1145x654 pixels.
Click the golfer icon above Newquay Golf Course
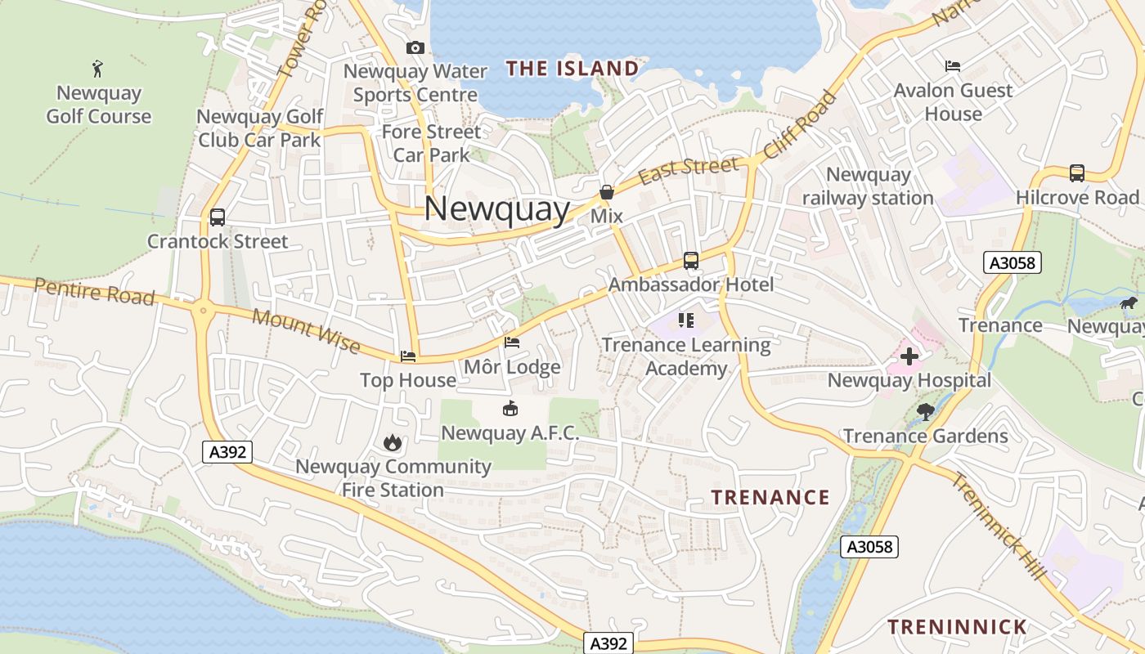click(98, 68)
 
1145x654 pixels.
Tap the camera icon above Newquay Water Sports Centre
click(415, 47)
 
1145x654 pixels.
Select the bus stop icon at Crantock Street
click(218, 217)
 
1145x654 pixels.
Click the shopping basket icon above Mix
click(607, 192)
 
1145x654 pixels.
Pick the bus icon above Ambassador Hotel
click(691, 261)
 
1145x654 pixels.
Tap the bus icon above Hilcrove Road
click(1077, 173)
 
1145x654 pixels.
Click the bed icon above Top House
click(408, 356)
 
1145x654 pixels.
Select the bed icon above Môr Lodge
click(512, 343)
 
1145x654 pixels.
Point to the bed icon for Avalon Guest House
click(953, 65)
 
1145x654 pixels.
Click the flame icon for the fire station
click(393, 442)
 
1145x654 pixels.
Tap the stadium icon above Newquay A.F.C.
click(510, 408)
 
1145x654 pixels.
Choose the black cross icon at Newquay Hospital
click(909, 356)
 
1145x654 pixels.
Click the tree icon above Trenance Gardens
click(926, 411)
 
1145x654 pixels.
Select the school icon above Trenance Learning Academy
click(686, 320)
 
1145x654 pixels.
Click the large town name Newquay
click(496, 208)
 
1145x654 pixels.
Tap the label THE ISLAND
click(572, 69)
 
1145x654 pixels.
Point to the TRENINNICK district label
click(957, 627)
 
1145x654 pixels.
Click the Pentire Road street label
click(95, 291)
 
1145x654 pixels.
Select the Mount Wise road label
click(306, 331)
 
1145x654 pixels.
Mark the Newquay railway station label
click(868, 186)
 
